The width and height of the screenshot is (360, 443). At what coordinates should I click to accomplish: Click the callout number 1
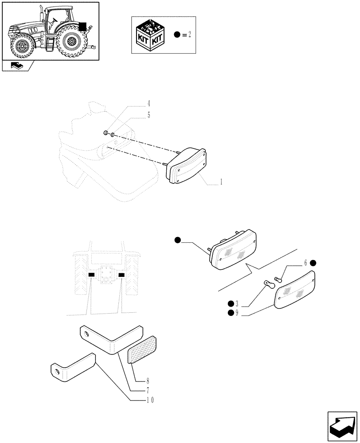220,182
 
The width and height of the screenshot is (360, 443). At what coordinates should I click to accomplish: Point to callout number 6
305,263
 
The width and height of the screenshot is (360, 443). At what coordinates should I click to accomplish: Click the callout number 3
237,303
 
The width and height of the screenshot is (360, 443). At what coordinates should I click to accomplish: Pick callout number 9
237,313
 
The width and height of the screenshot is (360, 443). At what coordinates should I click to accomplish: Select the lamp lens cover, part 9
295,291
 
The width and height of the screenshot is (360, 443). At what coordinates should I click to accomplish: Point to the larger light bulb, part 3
267,283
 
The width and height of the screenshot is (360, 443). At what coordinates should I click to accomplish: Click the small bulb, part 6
278,279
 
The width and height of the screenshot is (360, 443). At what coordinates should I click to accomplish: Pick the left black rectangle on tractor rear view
91,275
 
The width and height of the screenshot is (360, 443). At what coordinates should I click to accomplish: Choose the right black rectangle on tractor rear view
121,275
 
